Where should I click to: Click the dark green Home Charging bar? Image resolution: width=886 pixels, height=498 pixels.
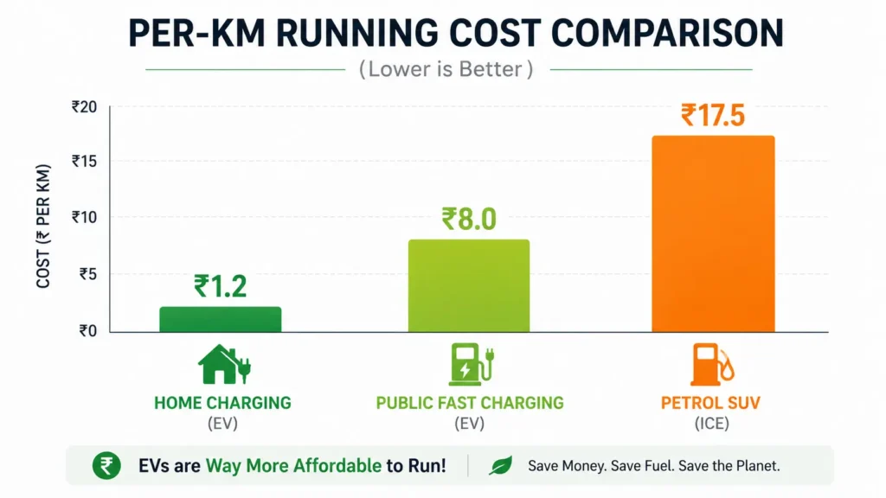tap(221, 319)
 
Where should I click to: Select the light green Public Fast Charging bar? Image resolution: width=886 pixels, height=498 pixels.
tap(469, 285)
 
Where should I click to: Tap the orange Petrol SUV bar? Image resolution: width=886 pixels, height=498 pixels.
tap(713, 233)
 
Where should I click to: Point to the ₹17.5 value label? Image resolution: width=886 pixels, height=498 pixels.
tap(713, 115)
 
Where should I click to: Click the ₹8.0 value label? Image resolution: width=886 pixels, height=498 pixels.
tap(469, 219)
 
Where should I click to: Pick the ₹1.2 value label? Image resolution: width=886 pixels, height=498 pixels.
tap(221, 286)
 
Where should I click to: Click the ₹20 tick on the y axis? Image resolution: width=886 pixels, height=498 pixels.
tap(84, 106)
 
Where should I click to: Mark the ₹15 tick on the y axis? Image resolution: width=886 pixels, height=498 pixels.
tap(84, 162)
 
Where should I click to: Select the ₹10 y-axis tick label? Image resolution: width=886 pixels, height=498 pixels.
tap(84, 217)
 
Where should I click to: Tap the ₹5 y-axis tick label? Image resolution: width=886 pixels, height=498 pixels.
tap(88, 274)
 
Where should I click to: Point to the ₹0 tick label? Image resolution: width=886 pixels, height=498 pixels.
tap(88, 331)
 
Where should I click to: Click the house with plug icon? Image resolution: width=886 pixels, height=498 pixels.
tap(224, 364)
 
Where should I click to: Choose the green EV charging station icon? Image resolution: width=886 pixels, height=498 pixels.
tap(472, 364)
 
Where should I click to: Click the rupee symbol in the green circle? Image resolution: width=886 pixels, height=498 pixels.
tap(106, 466)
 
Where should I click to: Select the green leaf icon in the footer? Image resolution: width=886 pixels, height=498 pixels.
tap(501, 466)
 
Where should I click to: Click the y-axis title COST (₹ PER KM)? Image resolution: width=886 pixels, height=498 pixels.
tap(43, 226)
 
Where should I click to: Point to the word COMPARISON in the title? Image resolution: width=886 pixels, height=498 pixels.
tap(667, 33)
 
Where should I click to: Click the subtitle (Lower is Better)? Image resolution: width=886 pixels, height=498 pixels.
tap(446, 69)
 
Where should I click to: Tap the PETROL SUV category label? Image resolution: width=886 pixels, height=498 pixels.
tap(711, 403)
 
